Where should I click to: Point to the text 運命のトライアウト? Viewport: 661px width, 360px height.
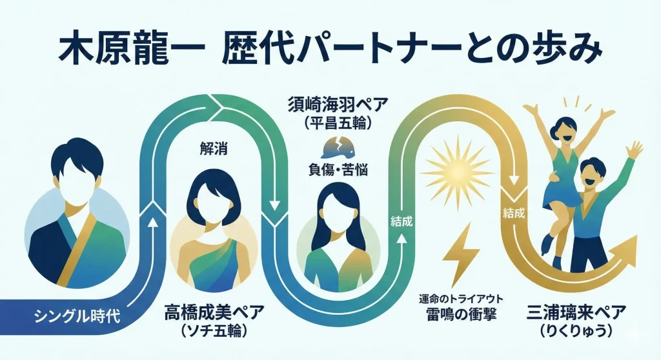[461, 298]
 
